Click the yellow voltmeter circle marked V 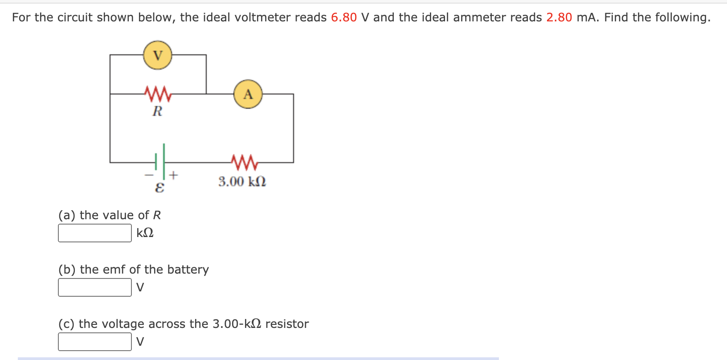pos(158,55)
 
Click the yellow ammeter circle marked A pos(248,94)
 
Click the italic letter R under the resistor pos(157,111)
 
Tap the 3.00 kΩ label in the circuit pos(242,181)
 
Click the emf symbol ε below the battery pos(159,188)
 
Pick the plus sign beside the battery pos(173,175)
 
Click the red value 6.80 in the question pos(344,17)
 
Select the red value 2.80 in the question pos(559,17)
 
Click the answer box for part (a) pos(95,233)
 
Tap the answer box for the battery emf pos(95,287)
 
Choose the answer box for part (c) pos(95,342)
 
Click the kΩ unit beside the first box pos(145,233)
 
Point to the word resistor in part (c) pos(287,324)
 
